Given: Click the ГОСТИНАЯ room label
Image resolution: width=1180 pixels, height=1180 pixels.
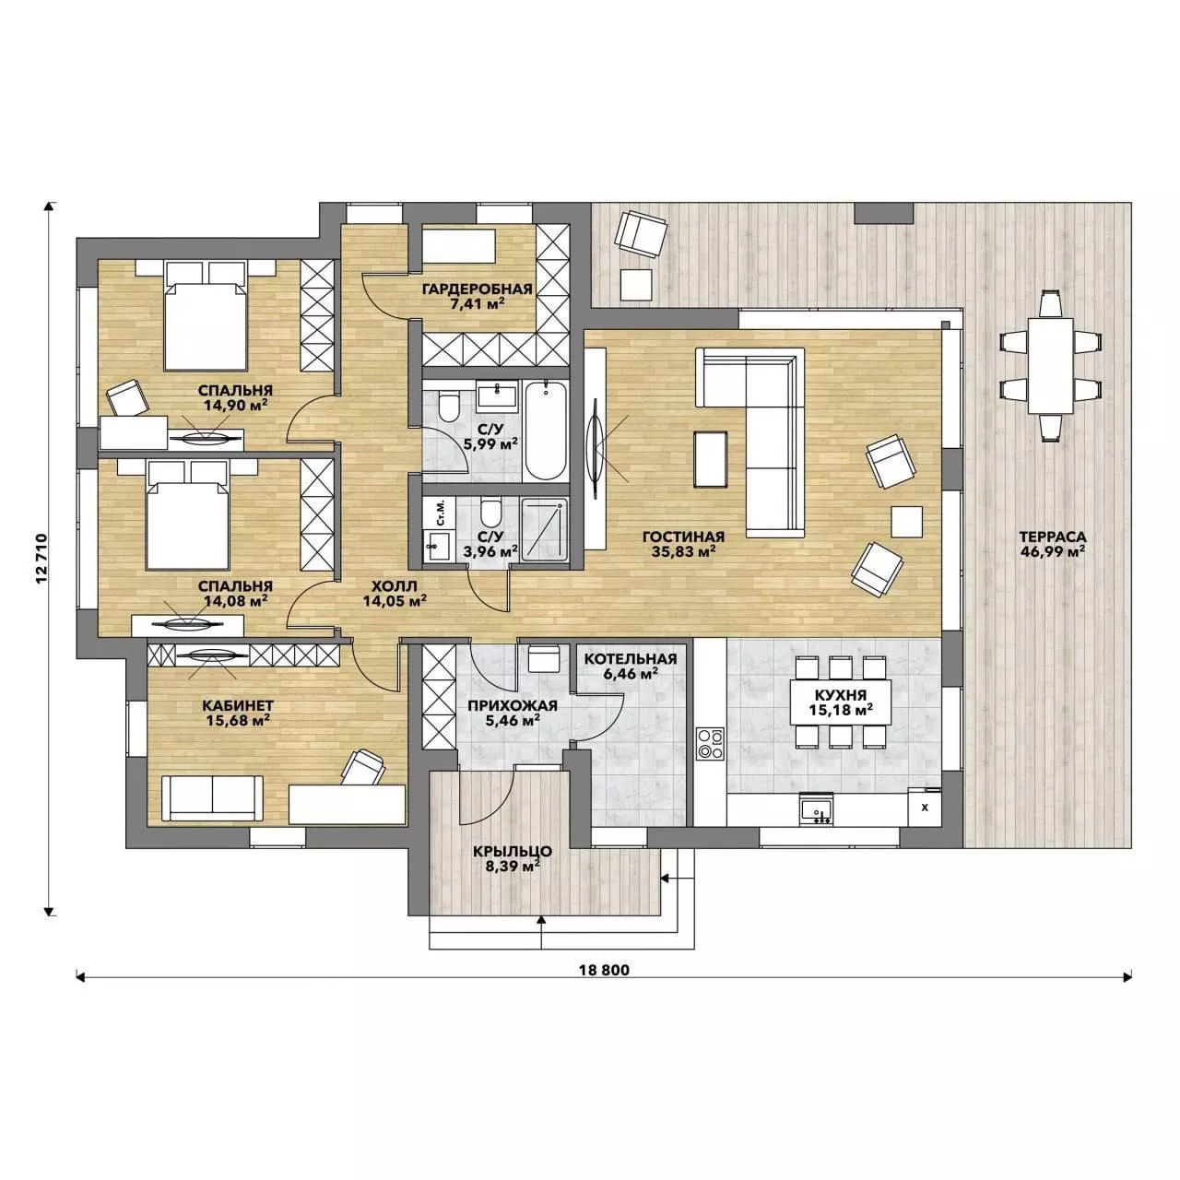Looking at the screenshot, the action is click(x=683, y=537).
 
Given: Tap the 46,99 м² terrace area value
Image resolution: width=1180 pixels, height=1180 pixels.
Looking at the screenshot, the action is click(x=1053, y=551).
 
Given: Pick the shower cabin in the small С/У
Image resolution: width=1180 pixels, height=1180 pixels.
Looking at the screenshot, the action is click(x=545, y=528).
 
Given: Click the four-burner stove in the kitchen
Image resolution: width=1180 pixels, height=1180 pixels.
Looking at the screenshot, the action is click(x=710, y=743).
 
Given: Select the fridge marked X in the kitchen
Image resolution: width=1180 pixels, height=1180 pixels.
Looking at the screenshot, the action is click(x=925, y=807).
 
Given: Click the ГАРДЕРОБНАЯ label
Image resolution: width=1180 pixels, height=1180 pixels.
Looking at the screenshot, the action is click(x=477, y=289).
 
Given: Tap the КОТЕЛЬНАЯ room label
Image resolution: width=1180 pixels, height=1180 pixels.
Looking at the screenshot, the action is click(x=631, y=659).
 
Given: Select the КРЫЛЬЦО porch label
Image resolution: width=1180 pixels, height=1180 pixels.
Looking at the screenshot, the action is click(x=512, y=851).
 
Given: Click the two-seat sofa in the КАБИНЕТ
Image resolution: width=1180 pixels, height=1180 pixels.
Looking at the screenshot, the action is click(x=212, y=798).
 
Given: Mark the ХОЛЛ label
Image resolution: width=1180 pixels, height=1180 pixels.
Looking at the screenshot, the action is click(x=395, y=586).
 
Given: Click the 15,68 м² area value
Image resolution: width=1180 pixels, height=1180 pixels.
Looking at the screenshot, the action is click(x=238, y=720).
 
